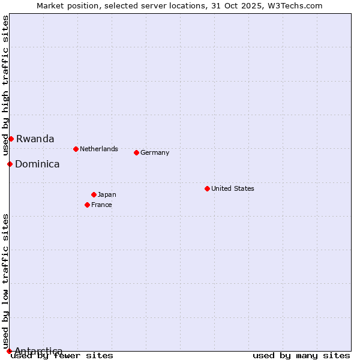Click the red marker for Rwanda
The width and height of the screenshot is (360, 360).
coord(11,139)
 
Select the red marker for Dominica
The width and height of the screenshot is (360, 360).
coord(10,164)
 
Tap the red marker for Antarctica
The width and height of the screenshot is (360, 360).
coord(9,351)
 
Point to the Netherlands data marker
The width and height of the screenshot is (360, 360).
coord(76,149)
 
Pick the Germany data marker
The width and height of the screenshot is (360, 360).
coord(136,152)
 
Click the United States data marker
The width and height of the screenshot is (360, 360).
coord(207,188)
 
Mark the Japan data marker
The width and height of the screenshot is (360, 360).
coord(94,194)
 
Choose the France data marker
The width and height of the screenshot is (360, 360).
coord(87,205)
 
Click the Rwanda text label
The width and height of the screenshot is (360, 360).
coord(35,139)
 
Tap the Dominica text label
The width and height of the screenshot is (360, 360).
coord(37,164)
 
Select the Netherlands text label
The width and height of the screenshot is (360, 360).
coord(98,149)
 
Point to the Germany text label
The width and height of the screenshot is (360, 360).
coord(155,152)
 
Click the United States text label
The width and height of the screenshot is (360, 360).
coord(232,188)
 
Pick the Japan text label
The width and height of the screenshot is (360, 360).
coord(107,194)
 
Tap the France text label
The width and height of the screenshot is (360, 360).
coord(101,205)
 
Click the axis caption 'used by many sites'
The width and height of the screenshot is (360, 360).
coord(301,355)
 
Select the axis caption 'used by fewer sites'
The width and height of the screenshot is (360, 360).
coord(62,355)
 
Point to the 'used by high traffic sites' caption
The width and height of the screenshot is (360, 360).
coord(6,85)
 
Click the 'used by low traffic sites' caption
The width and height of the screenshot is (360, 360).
coord(6,281)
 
